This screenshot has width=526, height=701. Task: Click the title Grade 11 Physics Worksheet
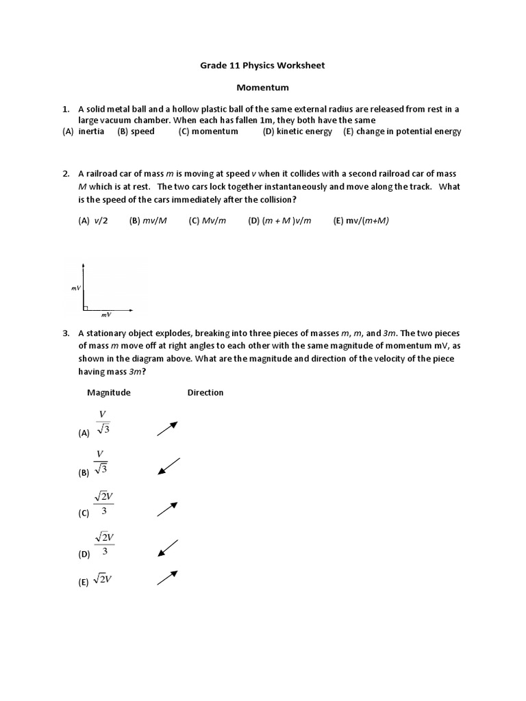point(262,66)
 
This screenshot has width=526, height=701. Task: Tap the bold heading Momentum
point(262,88)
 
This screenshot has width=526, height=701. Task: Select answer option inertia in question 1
point(91,131)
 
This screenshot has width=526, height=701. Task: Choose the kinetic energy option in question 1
point(304,131)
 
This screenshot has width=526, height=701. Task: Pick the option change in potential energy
point(408,131)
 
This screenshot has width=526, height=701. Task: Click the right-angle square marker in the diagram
point(86,307)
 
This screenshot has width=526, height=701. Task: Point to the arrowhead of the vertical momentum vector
point(83,264)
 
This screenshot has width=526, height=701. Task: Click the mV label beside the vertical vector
point(75,289)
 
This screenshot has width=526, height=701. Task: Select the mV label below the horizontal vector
point(106,316)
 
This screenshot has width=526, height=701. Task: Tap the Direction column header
point(205,392)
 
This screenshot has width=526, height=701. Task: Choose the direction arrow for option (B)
point(168,466)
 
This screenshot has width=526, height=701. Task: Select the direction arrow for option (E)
point(168,578)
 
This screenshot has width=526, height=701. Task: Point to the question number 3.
point(66,333)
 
